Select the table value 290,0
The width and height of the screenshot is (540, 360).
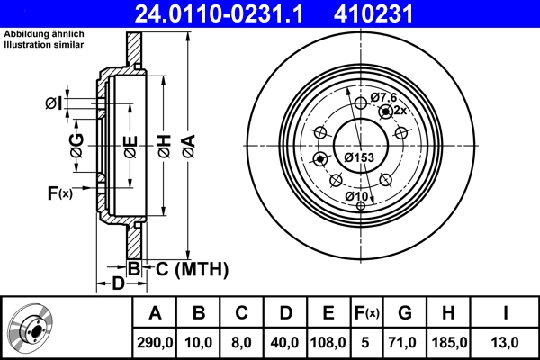point(155,343)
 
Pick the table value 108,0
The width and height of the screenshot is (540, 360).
point(328,343)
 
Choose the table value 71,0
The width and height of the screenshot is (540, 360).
point(405,343)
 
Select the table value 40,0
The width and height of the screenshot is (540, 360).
point(286,343)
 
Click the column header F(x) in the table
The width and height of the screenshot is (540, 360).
point(366,313)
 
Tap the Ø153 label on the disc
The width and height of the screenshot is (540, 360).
point(360,157)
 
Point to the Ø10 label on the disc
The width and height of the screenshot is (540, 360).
point(356,196)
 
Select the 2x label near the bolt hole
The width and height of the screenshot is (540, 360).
point(401,110)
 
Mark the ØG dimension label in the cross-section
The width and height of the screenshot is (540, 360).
point(77,144)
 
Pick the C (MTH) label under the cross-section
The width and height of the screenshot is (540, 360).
point(193,268)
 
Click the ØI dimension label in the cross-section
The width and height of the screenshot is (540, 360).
point(56,103)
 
